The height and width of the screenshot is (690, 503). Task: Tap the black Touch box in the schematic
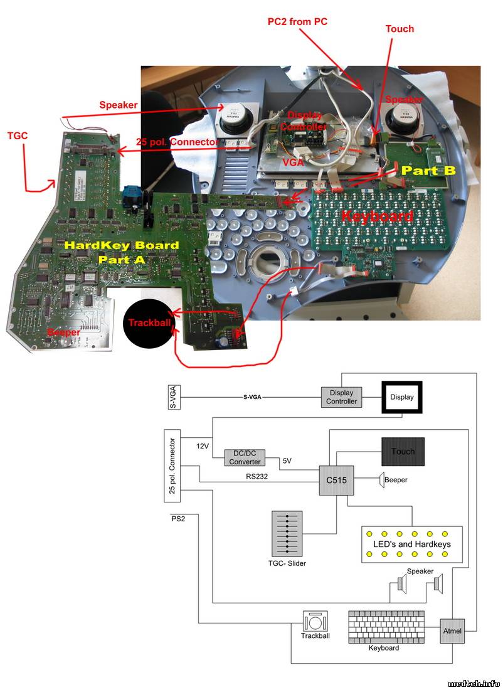[x=403, y=451]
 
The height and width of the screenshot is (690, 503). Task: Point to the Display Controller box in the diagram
[x=342, y=397]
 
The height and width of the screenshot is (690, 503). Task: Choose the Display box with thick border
[x=402, y=397]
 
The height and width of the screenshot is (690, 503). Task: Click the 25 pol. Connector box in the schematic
[x=172, y=466]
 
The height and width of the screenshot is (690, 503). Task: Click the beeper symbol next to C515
[x=381, y=480]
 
